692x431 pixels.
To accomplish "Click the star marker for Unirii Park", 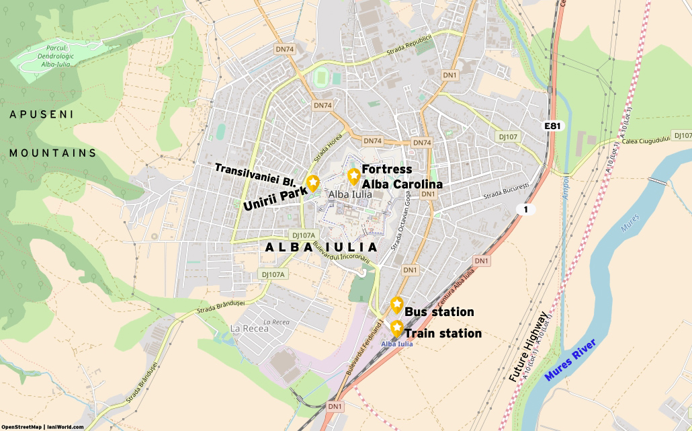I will [312, 182].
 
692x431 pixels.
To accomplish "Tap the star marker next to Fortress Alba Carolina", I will [353, 175].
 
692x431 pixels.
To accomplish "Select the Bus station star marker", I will [396, 304].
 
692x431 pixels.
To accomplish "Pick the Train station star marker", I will [396, 327].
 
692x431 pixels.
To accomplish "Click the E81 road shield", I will [552, 126].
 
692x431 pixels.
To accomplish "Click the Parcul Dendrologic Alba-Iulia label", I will [40, 57].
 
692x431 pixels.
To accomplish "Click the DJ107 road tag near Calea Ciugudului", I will [508, 136].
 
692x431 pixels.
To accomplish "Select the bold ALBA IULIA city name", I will [321, 247].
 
